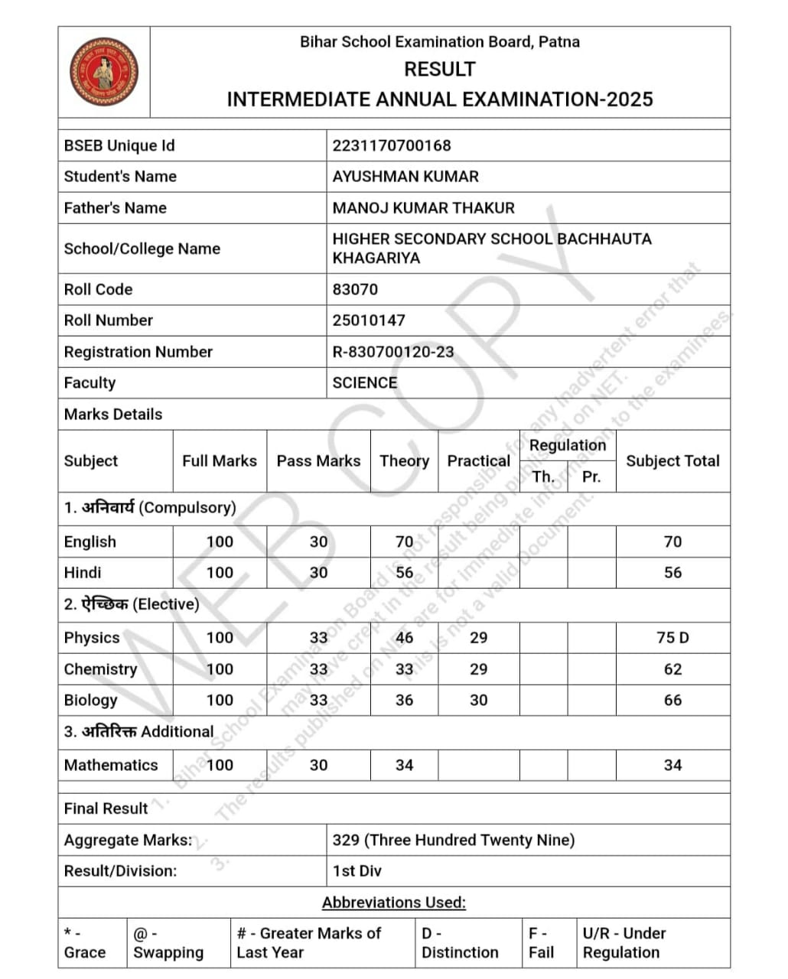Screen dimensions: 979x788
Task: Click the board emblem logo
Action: point(104,72)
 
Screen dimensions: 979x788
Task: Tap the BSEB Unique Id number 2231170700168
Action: point(391,145)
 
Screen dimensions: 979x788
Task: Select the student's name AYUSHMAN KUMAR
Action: point(405,177)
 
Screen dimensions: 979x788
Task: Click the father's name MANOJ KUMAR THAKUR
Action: point(423,208)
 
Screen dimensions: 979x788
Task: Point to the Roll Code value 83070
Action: point(354,290)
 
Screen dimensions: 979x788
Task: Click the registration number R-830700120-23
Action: point(392,352)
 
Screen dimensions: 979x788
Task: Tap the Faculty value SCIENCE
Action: point(364,383)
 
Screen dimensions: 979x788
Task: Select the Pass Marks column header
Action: point(318,461)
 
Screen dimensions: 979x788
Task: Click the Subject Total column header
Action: point(672,461)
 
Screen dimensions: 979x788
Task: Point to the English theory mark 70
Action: point(404,542)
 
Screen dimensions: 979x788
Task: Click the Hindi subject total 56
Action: point(672,573)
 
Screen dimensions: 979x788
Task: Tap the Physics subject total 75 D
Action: point(672,638)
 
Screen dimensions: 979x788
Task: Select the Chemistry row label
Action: point(100,669)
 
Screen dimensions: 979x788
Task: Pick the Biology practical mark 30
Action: point(478,701)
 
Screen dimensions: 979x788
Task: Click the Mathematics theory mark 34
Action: point(404,766)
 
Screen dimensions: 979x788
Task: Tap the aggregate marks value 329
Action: point(346,840)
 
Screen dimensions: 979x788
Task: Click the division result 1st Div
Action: point(357,871)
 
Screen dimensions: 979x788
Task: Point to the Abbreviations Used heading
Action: point(393,903)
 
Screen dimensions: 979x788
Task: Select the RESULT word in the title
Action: point(439,70)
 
